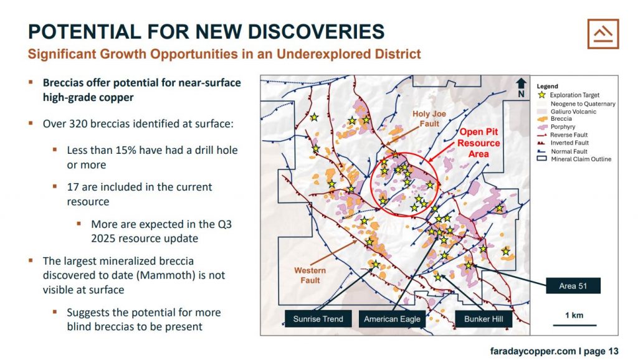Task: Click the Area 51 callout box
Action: coord(573,286)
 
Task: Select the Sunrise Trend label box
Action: coord(318,319)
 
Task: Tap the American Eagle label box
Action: coord(392,319)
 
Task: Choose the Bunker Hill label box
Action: coord(483,319)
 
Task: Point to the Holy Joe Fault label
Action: coord(429,119)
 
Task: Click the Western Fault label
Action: coord(310,275)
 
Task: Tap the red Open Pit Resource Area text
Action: coord(478,143)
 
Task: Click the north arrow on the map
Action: coord(521,87)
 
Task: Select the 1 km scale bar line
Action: coord(574,325)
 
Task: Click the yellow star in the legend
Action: coord(541,95)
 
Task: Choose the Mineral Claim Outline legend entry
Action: coord(574,159)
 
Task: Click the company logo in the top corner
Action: coord(603,34)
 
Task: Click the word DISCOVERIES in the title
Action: coord(316,32)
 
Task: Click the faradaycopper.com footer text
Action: coord(533,351)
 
